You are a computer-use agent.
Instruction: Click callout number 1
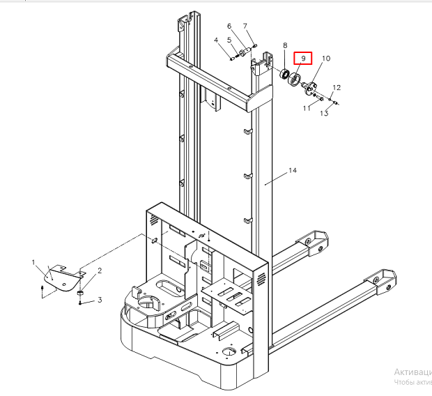point(33,262)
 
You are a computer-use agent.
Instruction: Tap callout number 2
point(100,271)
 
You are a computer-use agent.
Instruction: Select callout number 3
point(100,300)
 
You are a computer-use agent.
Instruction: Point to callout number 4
point(216,40)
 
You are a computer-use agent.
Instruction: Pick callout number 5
point(229,40)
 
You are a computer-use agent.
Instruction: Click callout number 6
point(230,26)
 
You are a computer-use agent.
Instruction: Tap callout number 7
point(245,26)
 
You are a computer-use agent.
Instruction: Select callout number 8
point(284,46)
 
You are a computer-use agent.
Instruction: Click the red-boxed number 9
point(302,59)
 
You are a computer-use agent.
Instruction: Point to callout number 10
point(326,59)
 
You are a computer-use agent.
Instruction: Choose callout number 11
point(307,108)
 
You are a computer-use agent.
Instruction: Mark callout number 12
point(337,88)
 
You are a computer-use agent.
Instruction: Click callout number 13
point(323,114)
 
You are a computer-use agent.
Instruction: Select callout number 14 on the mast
point(293,171)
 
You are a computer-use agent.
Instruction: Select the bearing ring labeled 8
point(284,75)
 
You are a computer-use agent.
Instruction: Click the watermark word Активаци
point(412,372)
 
